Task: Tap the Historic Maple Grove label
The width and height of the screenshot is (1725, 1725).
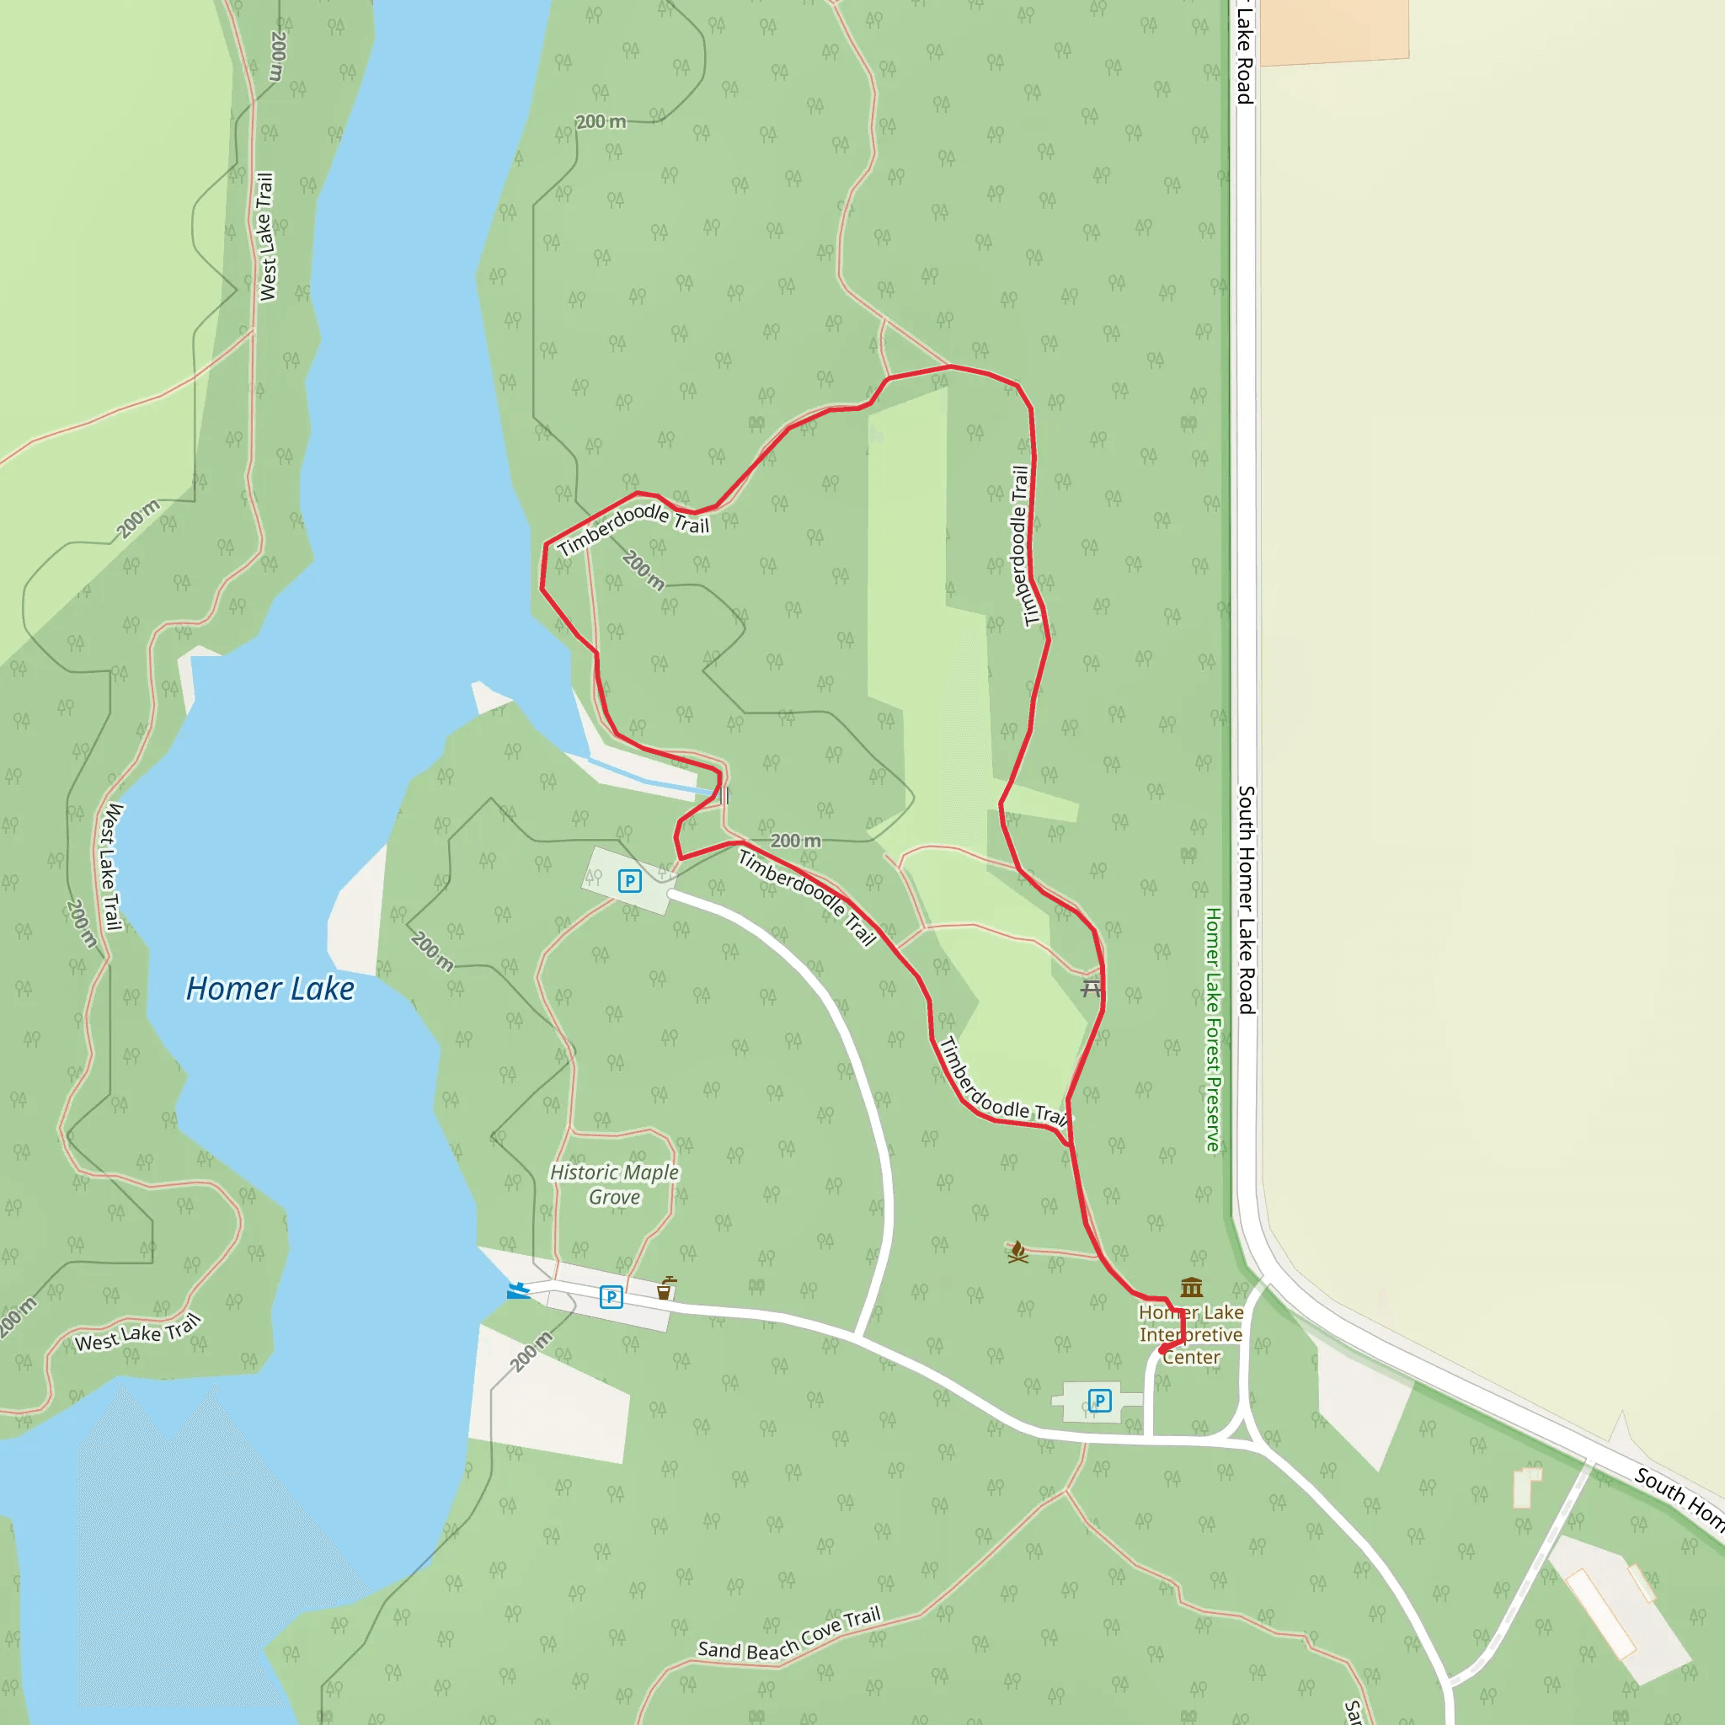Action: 614,1185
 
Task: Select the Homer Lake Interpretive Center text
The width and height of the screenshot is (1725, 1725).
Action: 1191,1335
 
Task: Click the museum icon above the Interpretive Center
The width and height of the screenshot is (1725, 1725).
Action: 1191,1288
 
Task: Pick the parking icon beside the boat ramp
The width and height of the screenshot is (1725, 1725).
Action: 611,1296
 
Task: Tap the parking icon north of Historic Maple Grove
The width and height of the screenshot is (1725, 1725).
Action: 629,881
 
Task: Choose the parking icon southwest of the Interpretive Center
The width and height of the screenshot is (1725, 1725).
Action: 1099,1400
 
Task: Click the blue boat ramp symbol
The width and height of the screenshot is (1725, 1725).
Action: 517,1291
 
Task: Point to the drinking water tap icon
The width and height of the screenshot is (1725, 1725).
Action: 665,1289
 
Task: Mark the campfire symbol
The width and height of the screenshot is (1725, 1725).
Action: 1017,1252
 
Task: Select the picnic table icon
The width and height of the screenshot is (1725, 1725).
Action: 1090,988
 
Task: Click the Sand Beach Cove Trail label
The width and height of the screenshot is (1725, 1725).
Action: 789,1635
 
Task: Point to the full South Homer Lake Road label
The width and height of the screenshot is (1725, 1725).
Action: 1247,900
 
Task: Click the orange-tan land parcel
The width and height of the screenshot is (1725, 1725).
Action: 1334,30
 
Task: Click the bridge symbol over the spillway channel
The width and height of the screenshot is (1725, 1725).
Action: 723,794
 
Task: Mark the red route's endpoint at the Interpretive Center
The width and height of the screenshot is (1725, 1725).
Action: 1162,1350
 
